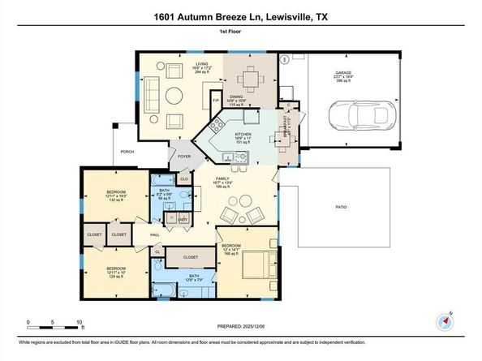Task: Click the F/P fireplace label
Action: coord(216,101)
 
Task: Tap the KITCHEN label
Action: coord(243,135)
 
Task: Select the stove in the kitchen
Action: coord(218,126)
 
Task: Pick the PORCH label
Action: coord(127,152)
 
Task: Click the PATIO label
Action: coord(342,206)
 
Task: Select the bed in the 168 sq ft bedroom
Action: coord(260,264)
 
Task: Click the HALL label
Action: coord(154,235)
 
